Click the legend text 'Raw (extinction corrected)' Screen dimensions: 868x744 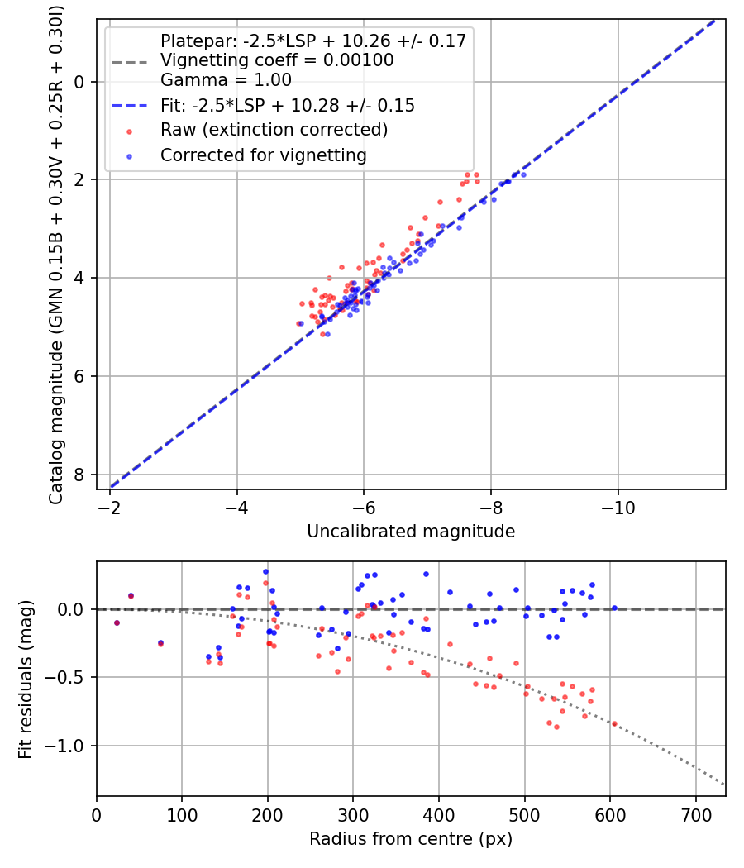click(274, 130)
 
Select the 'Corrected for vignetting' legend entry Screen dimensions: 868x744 click(264, 155)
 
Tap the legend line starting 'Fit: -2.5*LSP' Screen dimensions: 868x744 click(288, 106)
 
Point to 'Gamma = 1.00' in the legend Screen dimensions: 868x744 click(226, 80)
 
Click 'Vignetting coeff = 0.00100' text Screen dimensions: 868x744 click(277, 60)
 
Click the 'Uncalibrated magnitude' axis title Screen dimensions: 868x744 click(411, 532)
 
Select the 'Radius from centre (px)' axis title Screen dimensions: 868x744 click(411, 839)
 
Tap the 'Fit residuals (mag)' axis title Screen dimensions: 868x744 click(26, 680)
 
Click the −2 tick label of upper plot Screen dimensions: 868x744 click(110, 507)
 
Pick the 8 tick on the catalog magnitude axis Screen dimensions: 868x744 click(79, 475)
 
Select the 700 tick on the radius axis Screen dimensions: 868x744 click(695, 814)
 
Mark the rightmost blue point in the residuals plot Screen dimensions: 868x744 click(614, 608)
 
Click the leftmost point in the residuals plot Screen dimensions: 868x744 click(117, 622)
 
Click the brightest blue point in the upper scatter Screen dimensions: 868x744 click(523, 174)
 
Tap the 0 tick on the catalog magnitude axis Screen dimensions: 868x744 click(79, 81)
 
